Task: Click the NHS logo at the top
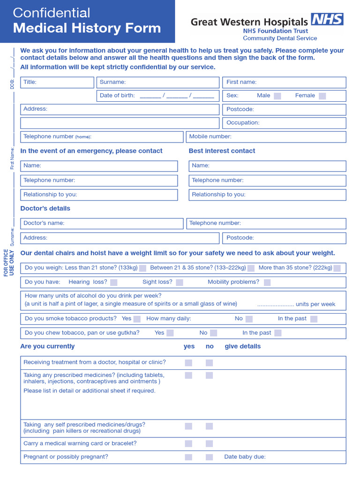tap(327, 19)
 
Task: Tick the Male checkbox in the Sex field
tap(277, 96)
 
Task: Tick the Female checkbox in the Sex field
tap(322, 96)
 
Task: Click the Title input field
tap(57, 82)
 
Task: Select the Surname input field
tap(158, 82)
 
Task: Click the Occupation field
tap(284, 123)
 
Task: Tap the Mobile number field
tap(266, 137)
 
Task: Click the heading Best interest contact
tap(222, 151)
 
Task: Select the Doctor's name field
tap(102, 224)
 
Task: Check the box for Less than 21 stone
tap(142, 268)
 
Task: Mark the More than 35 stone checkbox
tap(337, 268)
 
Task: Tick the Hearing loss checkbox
tap(113, 282)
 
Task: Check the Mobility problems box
tap(267, 282)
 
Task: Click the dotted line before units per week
tap(275, 304)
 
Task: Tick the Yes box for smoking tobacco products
tap(137, 319)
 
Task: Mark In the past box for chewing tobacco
tap(278, 333)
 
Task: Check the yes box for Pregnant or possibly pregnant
tap(188, 457)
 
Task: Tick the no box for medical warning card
tap(209, 443)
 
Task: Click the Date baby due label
tap(245, 457)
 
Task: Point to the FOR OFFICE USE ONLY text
tap(9, 263)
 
